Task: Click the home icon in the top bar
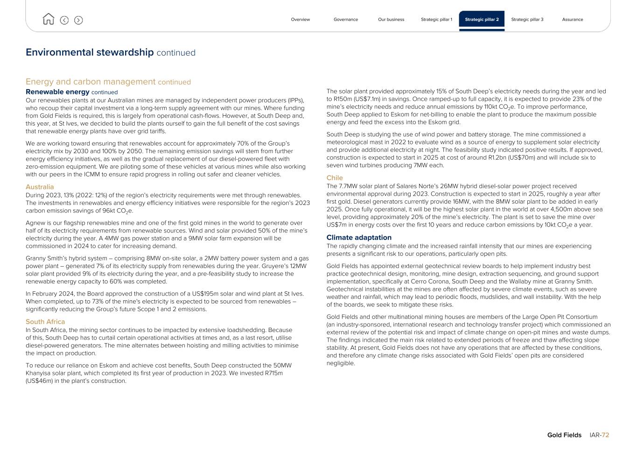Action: point(48,19)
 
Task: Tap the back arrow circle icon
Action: point(64,20)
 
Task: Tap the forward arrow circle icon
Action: point(78,20)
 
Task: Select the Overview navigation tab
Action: point(300,20)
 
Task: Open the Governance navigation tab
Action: point(346,20)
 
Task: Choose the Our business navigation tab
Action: point(391,20)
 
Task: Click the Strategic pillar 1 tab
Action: point(436,20)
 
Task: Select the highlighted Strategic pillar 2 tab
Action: point(482,20)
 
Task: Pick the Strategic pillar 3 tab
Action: point(527,20)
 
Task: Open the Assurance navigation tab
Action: point(572,20)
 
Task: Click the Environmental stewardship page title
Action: point(90,52)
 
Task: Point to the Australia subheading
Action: point(40,187)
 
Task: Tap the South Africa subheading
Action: point(45,322)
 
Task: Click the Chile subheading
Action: point(335,178)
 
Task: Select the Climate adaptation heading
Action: point(359,238)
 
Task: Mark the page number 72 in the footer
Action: point(605,435)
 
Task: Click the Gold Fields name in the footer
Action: point(564,435)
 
